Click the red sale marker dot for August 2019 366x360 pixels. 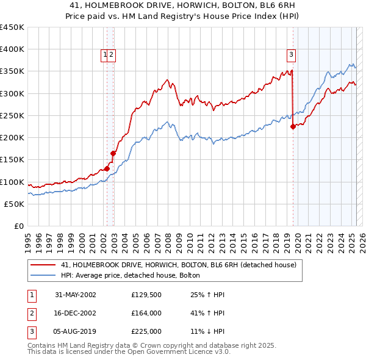(x=293, y=127)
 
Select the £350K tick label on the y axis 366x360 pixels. (x=12, y=71)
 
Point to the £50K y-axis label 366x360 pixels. (x=15, y=204)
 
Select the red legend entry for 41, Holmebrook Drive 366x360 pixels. (x=178, y=265)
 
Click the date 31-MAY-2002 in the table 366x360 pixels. (x=75, y=295)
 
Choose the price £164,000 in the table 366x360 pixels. (x=146, y=313)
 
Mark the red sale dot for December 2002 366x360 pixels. (x=113, y=154)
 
